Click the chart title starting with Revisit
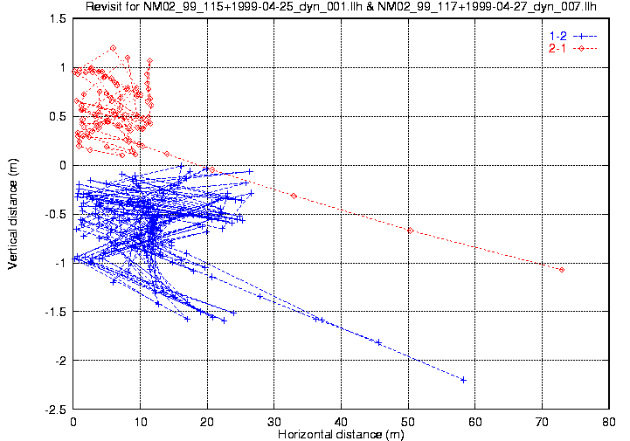(341, 8)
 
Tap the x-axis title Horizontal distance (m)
(341, 434)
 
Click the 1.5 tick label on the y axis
(58, 18)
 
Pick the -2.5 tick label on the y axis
(55, 410)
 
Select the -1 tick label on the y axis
(60, 263)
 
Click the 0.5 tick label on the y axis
(58, 116)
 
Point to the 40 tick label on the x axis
(342, 422)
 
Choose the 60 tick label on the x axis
(475, 422)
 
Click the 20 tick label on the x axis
(208, 422)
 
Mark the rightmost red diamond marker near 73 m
(562, 270)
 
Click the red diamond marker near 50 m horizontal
(410, 231)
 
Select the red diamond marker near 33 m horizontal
(294, 196)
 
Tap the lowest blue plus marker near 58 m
(463, 379)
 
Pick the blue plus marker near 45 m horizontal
(378, 341)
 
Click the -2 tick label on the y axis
(60, 361)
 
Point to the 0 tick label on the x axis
(74, 422)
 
